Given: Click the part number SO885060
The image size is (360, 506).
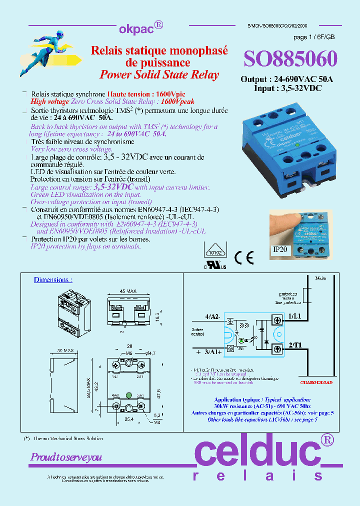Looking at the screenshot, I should (x=290, y=59).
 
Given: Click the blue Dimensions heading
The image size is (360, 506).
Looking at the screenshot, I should (x=53, y=279).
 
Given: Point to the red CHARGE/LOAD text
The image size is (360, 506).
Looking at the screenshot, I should (x=316, y=382).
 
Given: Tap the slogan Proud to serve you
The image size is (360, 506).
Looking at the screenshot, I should (x=66, y=457).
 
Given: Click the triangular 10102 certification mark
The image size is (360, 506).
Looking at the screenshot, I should (x=214, y=251).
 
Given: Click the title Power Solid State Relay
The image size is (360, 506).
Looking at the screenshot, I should (x=159, y=74).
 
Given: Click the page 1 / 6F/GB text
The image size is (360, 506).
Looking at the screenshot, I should (x=314, y=37).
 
